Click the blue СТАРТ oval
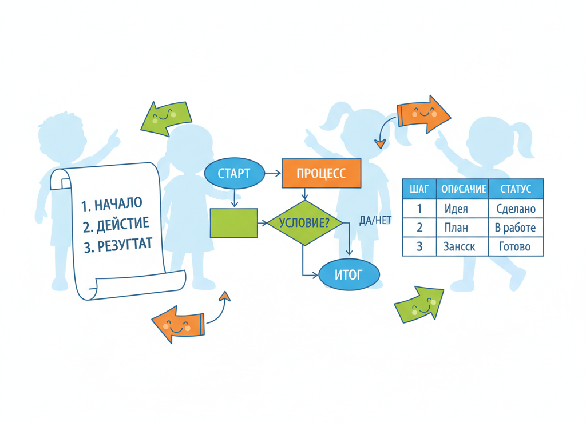(x=234, y=173)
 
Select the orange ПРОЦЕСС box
(x=321, y=173)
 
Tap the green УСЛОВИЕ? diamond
(x=304, y=222)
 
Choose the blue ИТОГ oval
(x=349, y=275)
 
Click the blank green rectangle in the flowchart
(x=233, y=223)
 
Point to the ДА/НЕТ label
(x=375, y=220)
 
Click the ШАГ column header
(x=419, y=189)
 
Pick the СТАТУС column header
(x=516, y=189)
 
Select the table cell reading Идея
(x=456, y=209)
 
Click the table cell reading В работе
(x=516, y=228)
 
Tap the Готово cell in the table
(x=516, y=246)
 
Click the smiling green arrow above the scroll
(x=166, y=118)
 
